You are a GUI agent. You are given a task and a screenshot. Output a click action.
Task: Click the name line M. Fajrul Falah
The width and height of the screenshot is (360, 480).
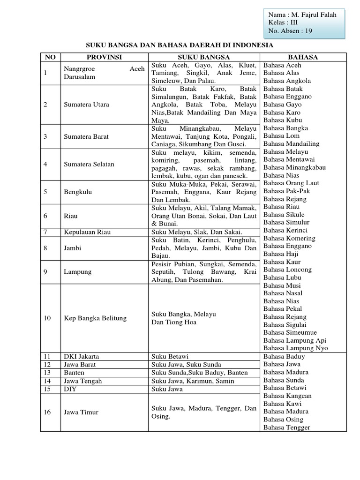pyautogui.click(x=303, y=15)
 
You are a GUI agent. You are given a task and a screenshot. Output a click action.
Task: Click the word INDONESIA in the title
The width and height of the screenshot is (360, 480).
pyautogui.click(x=251, y=45)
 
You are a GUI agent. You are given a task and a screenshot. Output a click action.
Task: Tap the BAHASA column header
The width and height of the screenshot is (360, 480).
pyautogui.click(x=303, y=57)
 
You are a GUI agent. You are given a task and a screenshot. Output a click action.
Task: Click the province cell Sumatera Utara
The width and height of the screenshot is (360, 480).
pyautogui.click(x=86, y=105)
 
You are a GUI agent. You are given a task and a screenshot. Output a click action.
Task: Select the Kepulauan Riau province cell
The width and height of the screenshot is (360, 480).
pyautogui.click(x=88, y=232)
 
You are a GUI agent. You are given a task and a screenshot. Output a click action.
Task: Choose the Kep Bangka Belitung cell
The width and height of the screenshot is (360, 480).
pyautogui.click(x=95, y=318)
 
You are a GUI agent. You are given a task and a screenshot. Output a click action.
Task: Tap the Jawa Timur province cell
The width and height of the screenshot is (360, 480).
pyautogui.click(x=81, y=412)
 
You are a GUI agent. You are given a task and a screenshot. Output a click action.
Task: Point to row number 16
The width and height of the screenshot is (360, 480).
pyautogui.click(x=47, y=412)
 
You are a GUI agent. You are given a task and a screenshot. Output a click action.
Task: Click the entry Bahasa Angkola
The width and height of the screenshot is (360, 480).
pyautogui.click(x=287, y=81)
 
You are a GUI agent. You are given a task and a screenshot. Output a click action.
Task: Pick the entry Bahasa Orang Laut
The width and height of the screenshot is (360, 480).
pyautogui.click(x=290, y=183)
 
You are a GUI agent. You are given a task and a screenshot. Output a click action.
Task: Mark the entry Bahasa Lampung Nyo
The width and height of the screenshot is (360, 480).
pyautogui.click(x=295, y=348)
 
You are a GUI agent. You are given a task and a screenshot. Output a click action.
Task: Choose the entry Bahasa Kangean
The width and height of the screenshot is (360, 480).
pyautogui.click(x=287, y=396)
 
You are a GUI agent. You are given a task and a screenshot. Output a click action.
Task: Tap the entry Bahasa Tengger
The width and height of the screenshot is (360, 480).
pyautogui.click(x=286, y=427)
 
